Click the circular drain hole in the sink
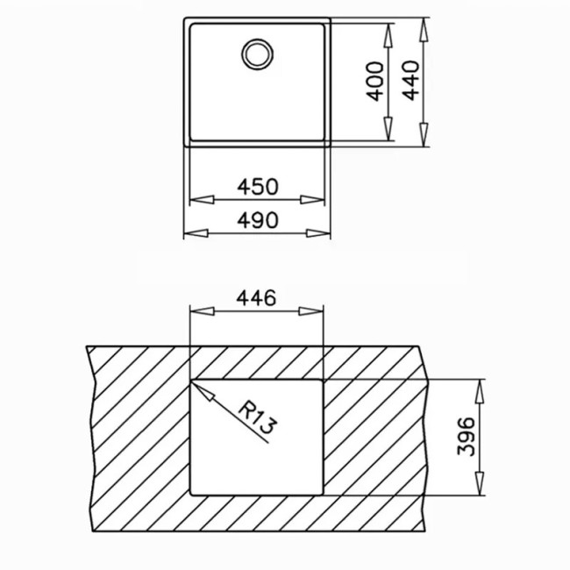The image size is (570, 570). coord(258,53)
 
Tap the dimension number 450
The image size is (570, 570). coord(258,186)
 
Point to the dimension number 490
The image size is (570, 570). coord(258,218)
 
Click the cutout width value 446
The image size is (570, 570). coord(258,297)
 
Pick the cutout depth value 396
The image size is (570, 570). coord(467,437)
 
